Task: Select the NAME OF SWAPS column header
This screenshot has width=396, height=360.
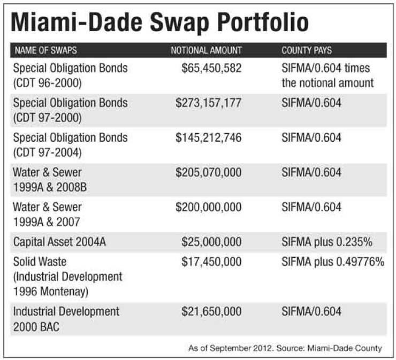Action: (x=45, y=51)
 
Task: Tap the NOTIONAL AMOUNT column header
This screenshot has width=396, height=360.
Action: (x=206, y=51)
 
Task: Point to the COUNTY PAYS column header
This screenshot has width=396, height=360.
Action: (x=307, y=51)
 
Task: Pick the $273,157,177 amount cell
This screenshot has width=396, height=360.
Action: (x=209, y=103)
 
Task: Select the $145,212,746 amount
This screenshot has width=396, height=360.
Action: (x=209, y=138)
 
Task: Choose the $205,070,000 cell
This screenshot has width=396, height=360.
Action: (x=209, y=173)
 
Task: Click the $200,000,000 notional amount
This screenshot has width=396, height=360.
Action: (x=209, y=207)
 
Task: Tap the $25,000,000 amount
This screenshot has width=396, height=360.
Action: (x=212, y=242)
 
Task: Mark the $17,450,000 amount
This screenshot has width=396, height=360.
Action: (x=212, y=262)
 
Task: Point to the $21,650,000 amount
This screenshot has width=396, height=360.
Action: (x=212, y=311)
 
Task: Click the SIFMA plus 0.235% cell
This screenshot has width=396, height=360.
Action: (x=326, y=242)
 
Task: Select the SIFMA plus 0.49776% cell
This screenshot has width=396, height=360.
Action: (x=333, y=262)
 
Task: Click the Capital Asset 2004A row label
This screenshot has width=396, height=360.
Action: (x=59, y=242)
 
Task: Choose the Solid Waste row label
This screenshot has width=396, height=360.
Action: (x=42, y=262)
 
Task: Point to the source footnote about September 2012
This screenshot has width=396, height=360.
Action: (x=285, y=348)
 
